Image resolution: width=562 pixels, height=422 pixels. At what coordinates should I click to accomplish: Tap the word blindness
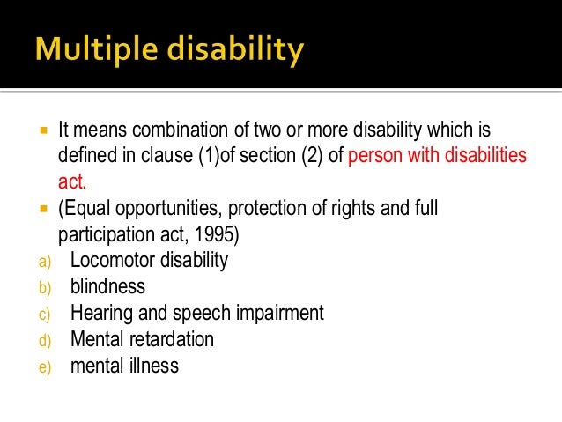pyautogui.click(x=107, y=286)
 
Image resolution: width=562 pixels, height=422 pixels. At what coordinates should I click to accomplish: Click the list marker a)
pyautogui.click(x=45, y=262)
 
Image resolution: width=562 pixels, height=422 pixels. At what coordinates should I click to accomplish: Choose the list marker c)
pyautogui.click(x=45, y=314)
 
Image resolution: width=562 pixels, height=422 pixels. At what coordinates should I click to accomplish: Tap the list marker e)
pyautogui.click(x=45, y=366)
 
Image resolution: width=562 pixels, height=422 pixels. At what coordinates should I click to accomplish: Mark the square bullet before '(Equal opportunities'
pyautogui.click(x=41, y=210)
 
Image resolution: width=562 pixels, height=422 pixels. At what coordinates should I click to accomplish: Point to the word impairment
pyautogui.click(x=279, y=313)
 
